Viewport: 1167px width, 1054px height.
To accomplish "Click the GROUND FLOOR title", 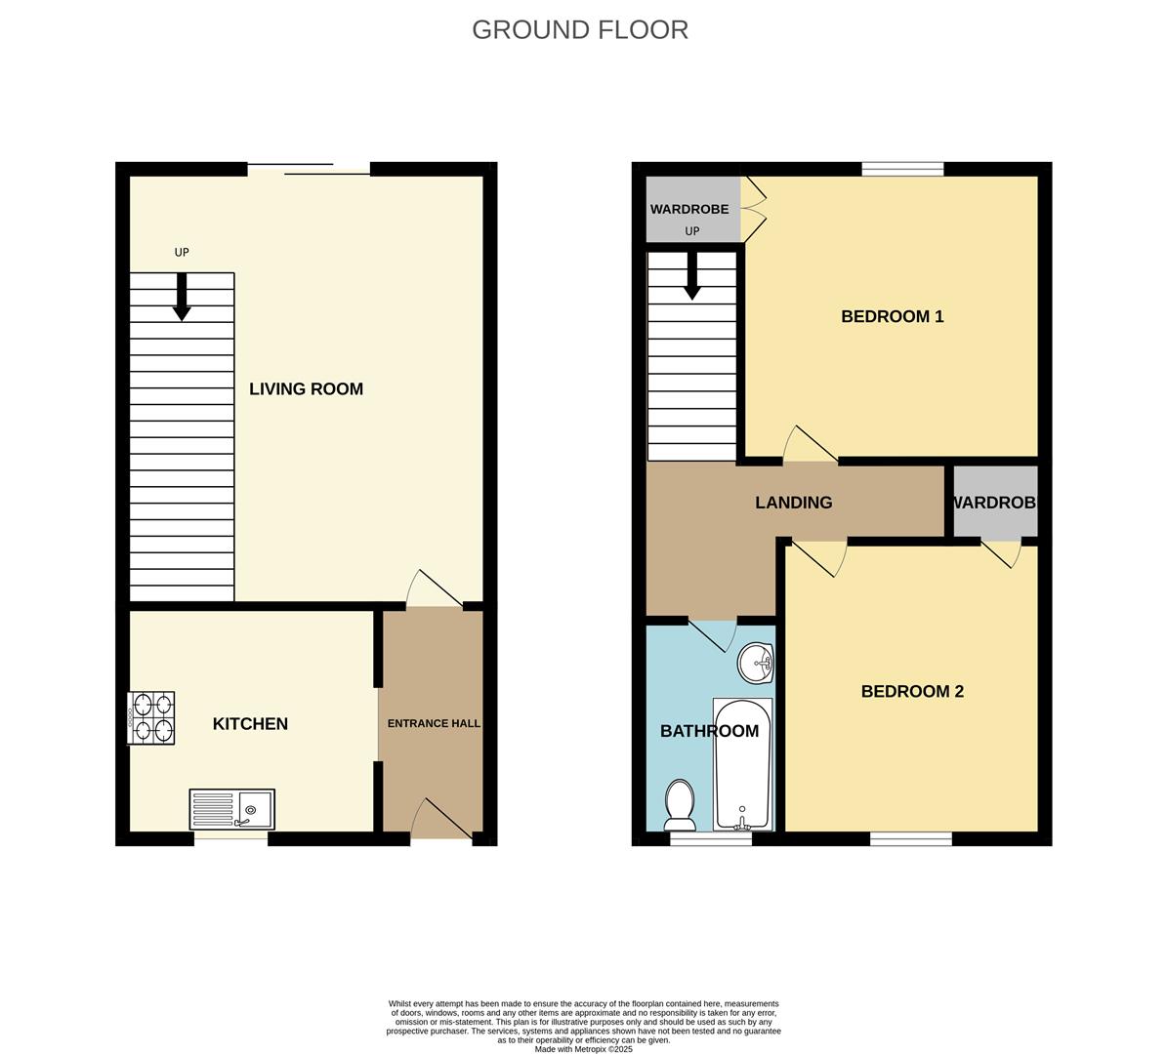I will click(x=580, y=30).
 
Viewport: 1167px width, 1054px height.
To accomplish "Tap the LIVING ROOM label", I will click(x=306, y=388).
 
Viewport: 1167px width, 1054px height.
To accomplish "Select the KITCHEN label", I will click(x=250, y=723).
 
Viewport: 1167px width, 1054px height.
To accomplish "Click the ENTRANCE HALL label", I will click(x=434, y=723).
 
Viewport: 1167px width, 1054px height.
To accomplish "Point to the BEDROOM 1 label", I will click(x=892, y=316).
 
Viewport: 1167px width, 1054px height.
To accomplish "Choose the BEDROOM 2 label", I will click(x=912, y=691).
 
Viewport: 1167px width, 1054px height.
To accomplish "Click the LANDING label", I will click(x=793, y=503).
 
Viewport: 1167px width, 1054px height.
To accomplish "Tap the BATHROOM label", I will click(x=709, y=731).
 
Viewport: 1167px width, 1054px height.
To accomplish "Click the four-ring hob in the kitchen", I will click(x=151, y=718).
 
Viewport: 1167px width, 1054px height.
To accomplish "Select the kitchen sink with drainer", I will click(x=232, y=809).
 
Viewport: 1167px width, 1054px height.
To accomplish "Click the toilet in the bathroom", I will click(x=679, y=803).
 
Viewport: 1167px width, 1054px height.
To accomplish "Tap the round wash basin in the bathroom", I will click(x=756, y=664).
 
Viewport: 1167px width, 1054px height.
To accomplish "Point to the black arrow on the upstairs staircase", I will click(x=691, y=275).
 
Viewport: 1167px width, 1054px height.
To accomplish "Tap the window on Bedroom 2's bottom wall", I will click(x=910, y=838).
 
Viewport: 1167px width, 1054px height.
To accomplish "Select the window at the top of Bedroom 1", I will click(x=902, y=169).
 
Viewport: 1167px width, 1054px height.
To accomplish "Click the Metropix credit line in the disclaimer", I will click(x=583, y=1049).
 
